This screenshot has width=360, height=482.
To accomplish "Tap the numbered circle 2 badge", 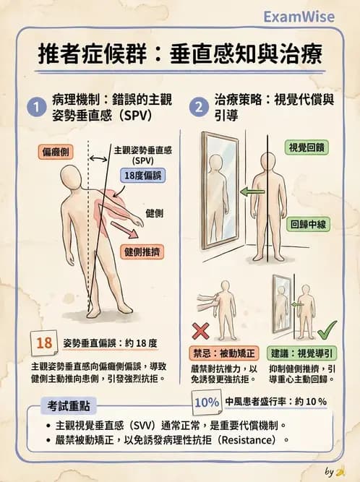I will click(x=199, y=107).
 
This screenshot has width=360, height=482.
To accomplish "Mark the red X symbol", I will click(x=201, y=331).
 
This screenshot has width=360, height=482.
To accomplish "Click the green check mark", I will click(x=327, y=331).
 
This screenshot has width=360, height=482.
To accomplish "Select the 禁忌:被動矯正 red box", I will click(x=223, y=353).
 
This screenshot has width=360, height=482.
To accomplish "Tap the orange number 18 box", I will click(x=44, y=343).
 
